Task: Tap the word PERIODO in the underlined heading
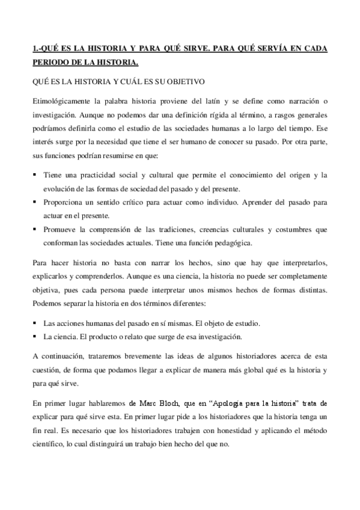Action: tap(50, 61)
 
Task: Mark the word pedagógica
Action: tap(236, 243)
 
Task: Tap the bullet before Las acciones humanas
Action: tap(35, 323)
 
